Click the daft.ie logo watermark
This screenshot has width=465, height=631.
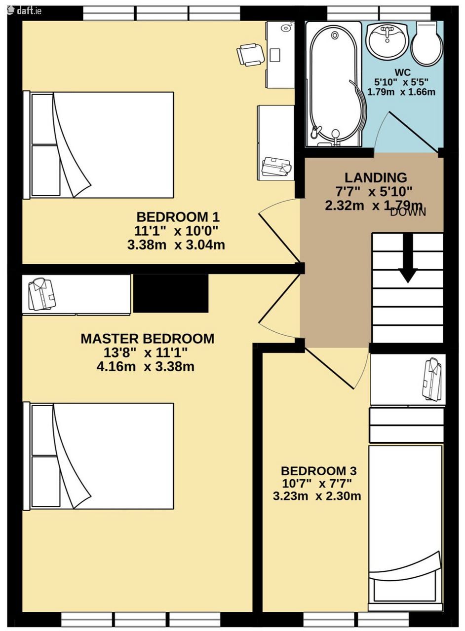pyautogui.click(x=25, y=10)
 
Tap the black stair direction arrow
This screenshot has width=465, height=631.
pyautogui.click(x=408, y=257)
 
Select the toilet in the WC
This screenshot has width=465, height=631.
pyautogui.click(x=426, y=44)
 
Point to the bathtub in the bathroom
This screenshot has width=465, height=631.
pyautogui.click(x=334, y=84)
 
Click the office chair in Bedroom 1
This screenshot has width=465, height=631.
pyautogui.click(x=250, y=55)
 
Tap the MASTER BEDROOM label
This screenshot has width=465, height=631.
pyautogui.click(x=148, y=338)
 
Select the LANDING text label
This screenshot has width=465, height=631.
pyautogui.click(x=376, y=177)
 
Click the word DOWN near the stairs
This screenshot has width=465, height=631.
pyautogui.click(x=408, y=212)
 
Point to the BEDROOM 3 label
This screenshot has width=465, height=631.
pyautogui.click(x=319, y=471)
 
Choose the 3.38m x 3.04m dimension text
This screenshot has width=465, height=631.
pyautogui.click(x=176, y=245)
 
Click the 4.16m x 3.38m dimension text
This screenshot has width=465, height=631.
pyautogui.click(x=145, y=366)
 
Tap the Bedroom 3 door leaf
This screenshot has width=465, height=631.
pyautogui.click(x=329, y=369)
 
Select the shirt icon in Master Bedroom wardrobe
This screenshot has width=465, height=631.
pyautogui.click(x=42, y=294)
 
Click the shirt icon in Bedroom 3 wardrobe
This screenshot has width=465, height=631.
pyautogui.click(x=432, y=380)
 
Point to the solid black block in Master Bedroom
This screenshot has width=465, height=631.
pyautogui.click(x=171, y=293)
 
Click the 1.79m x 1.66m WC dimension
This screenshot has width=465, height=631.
pyautogui.click(x=401, y=92)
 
